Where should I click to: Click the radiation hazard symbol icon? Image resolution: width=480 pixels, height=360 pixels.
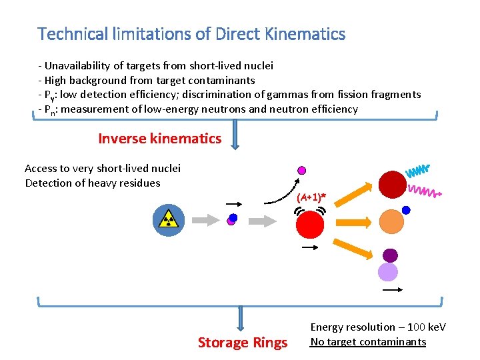(x=167, y=220)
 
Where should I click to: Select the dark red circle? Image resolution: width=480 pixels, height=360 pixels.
(x=392, y=185)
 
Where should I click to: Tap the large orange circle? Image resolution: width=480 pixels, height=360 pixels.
(x=391, y=221)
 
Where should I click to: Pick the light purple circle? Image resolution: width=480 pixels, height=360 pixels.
(x=388, y=272)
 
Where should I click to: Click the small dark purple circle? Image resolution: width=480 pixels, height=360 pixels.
(x=390, y=255)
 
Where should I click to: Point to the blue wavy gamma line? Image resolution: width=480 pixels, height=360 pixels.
(x=418, y=171)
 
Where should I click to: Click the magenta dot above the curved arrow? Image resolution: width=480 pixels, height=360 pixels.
(x=301, y=170)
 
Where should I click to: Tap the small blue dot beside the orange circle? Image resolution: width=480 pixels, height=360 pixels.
(x=406, y=210)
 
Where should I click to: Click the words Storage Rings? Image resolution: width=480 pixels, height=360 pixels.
(x=243, y=343)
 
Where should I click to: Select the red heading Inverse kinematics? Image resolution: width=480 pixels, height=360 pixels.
(x=159, y=139)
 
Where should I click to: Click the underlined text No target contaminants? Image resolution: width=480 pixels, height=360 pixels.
(x=368, y=342)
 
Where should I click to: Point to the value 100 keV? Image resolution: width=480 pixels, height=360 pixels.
(x=427, y=327)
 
